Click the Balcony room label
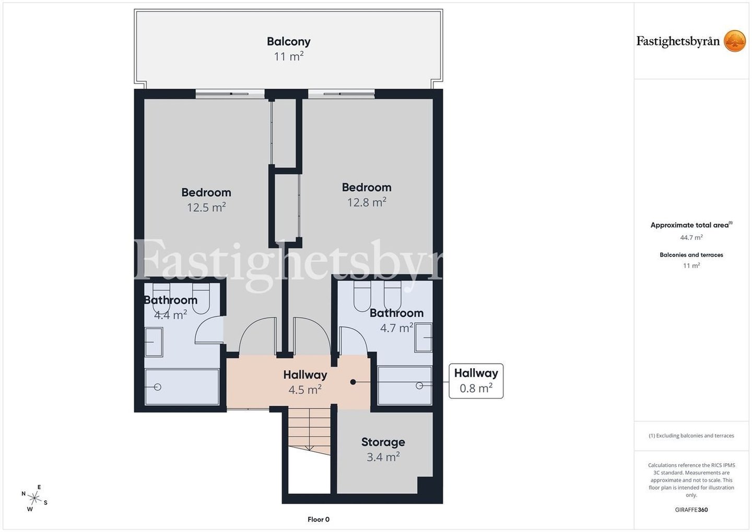click(x=289, y=42)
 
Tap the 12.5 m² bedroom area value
click(x=206, y=207)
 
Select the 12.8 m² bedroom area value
click(x=367, y=202)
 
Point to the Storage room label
click(x=383, y=442)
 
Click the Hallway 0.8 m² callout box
click(x=476, y=381)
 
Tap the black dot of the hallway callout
click(x=353, y=382)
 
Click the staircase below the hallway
click(x=309, y=431)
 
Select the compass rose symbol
click(x=34, y=499)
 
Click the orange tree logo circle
click(x=735, y=41)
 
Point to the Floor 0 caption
click(x=319, y=519)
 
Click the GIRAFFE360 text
click(x=691, y=510)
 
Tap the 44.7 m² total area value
click(x=691, y=237)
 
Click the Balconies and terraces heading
click(x=691, y=255)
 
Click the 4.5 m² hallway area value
click(x=305, y=390)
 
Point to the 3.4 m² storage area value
click(x=383, y=457)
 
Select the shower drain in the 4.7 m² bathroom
click(x=419, y=386)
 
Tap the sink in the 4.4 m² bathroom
click(x=154, y=342)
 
